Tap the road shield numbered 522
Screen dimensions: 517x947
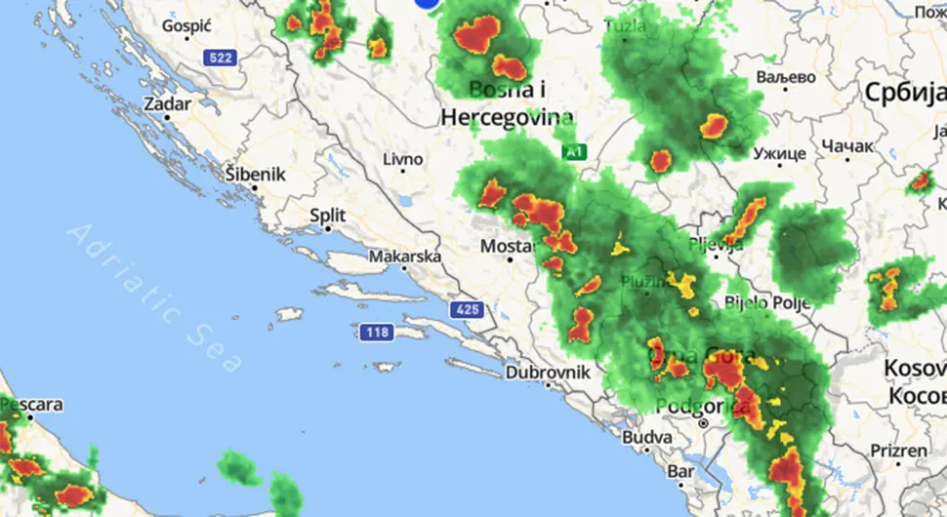[x=221, y=59]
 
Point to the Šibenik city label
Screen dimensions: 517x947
[x=255, y=175]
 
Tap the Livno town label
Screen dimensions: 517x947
[x=402, y=159]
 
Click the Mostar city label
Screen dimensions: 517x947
[x=507, y=248]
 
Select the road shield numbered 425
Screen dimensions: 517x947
[x=466, y=310]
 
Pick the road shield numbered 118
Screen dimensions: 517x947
[x=377, y=333]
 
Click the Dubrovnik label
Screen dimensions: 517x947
[x=548, y=373]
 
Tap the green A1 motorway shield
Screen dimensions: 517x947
[x=574, y=152]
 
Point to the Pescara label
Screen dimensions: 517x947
[x=31, y=404]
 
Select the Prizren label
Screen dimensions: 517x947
[x=898, y=451]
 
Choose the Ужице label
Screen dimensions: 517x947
[x=779, y=153]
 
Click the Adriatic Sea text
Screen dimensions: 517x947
[x=156, y=298]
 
